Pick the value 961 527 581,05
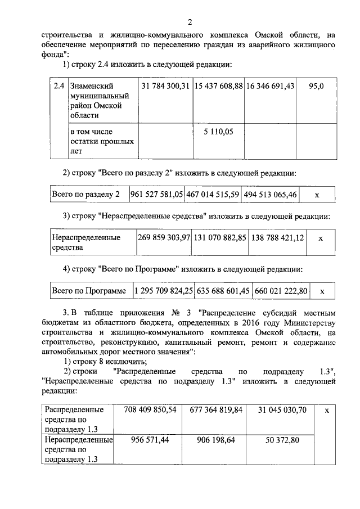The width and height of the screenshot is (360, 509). coord(157,195)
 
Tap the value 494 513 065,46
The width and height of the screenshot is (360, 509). coord(269,195)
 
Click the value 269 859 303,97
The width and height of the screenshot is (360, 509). coord(164,238)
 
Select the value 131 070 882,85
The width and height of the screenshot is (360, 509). coord(220,238)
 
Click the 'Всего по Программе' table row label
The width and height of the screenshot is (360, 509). coord(88,291)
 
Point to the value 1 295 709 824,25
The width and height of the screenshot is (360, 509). coord(163,291)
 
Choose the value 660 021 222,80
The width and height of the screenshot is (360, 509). coord(281,291)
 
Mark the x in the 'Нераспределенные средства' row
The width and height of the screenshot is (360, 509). coord(320,238)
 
